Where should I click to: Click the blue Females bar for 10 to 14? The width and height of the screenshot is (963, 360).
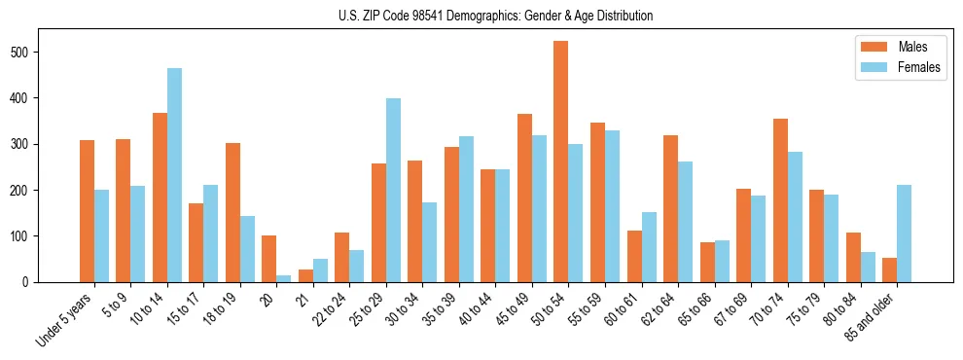coord(174,175)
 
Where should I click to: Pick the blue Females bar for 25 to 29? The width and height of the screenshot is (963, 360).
coord(393,190)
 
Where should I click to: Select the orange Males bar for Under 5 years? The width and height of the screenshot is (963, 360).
coord(87,211)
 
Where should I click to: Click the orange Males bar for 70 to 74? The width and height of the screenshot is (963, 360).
coord(780,200)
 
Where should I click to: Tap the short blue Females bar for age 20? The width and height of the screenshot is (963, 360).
coord(283,278)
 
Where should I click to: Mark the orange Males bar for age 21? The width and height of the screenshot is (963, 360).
coord(305,275)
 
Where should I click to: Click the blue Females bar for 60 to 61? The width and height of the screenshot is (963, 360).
coord(649,247)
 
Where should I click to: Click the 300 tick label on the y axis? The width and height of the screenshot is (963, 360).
coord(32,144)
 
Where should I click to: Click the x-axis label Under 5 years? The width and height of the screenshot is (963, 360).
coord(66,319)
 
